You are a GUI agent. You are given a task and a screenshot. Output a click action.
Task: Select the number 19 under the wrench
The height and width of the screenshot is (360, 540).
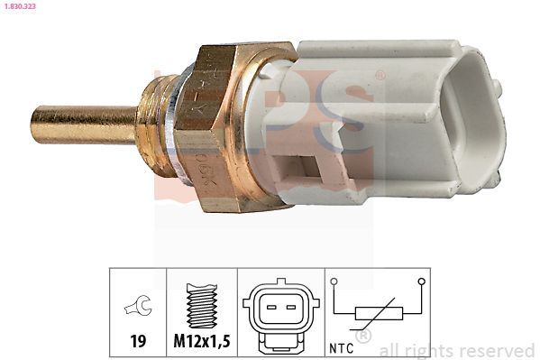138,343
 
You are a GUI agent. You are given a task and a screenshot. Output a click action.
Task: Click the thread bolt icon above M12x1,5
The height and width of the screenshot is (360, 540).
201,307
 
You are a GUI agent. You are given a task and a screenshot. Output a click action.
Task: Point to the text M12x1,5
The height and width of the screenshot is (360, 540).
202,343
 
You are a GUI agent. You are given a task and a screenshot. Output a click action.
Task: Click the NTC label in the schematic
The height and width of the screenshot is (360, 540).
343,345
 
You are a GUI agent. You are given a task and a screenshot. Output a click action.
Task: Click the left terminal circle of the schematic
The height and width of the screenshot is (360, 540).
334,282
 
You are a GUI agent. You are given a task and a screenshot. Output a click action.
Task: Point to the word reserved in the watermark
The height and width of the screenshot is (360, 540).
498,350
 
